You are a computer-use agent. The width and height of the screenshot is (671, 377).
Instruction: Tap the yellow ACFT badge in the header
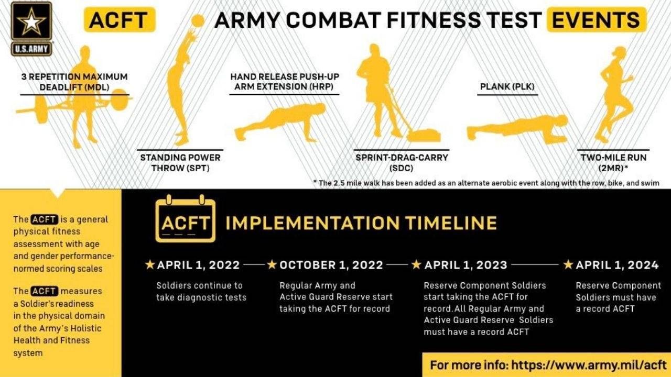[x=120, y=20]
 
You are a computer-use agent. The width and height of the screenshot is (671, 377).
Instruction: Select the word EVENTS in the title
[x=596, y=20]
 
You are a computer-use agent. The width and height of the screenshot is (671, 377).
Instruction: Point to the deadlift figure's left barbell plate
[x=41, y=109]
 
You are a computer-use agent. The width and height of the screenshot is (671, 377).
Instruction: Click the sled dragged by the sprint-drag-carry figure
[x=424, y=135]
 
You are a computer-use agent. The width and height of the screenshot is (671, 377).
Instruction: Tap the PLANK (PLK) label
[x=507, y=87]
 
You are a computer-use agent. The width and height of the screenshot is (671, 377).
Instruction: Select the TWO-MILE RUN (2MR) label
[x=613, y=163]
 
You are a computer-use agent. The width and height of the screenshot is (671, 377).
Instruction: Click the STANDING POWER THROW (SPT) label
[x=180, y=163]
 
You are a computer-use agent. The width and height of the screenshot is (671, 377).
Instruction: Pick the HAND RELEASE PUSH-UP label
[x=285, y=76]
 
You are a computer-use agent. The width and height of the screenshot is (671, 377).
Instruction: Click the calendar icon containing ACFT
[x=186, y=219]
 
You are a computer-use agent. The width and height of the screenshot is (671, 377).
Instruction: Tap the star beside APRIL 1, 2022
[x=150, y=264]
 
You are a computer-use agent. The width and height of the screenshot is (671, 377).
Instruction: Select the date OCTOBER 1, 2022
[x=331, y=265]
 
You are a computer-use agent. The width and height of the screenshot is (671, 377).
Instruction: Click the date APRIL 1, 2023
[x=466, y=265]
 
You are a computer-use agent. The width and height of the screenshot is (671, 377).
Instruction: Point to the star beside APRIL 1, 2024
[x=568, y=264]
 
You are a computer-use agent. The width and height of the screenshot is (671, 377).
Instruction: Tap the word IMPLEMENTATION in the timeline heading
[x=312, y=223]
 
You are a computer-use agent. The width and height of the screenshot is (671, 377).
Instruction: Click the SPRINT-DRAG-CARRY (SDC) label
[x=402, y=163]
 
